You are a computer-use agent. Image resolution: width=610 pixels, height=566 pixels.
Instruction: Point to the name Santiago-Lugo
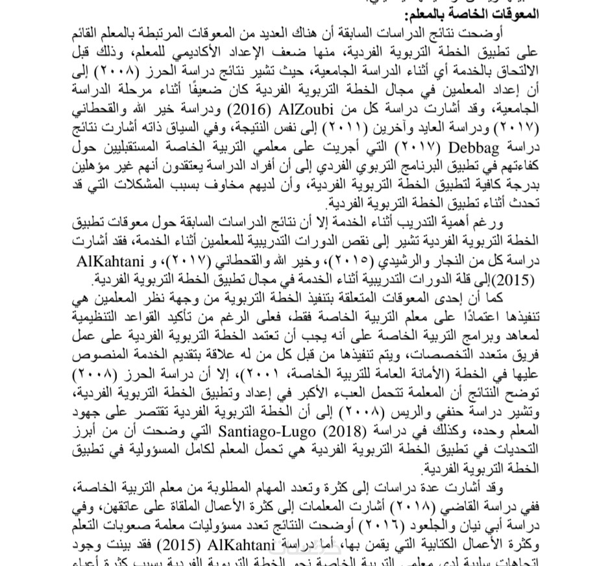point(289,430)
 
